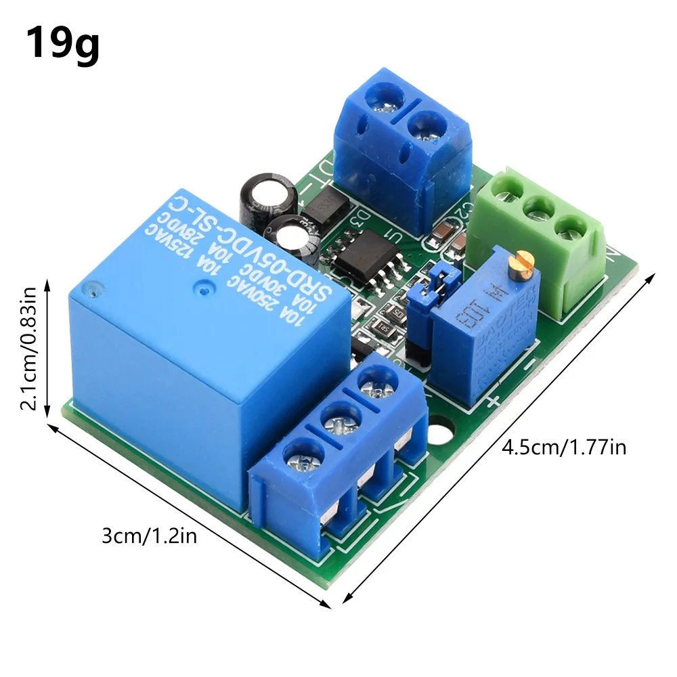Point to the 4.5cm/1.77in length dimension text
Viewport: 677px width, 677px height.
563,447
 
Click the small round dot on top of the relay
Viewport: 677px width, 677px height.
202,290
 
